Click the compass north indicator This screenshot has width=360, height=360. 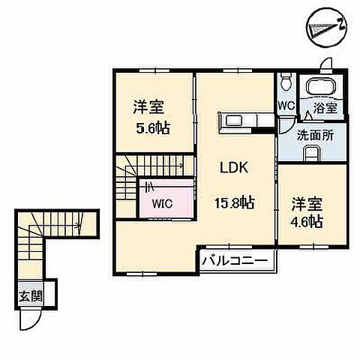(x=327, y=27)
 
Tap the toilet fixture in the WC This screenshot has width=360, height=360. (x=286, y=82)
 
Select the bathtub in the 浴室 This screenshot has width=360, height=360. (x=321, y=87)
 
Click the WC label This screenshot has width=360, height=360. (x=286, y=106)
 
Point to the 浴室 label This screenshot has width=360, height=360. (x=325, y=108)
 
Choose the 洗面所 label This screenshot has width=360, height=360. (x=315, y=136)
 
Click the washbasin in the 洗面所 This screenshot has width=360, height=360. (x=312, y=153)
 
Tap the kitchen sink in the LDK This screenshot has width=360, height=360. (x=234, y=121)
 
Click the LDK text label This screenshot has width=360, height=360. (x=234, y=167)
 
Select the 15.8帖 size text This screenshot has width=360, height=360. (x=235, y=202)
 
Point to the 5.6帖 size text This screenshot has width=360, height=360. (x=152, y=128)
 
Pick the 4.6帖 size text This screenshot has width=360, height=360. (x=306, y=221)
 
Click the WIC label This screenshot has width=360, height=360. (x=163, y=204)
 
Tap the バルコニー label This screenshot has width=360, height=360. (x=235, y=261)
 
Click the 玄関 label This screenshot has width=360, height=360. (x=31, y=297)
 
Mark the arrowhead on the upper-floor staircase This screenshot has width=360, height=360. (x=181, y=165)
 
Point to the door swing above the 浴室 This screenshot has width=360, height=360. (x=325, y=63)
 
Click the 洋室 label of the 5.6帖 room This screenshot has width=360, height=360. (x=148, y=107)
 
